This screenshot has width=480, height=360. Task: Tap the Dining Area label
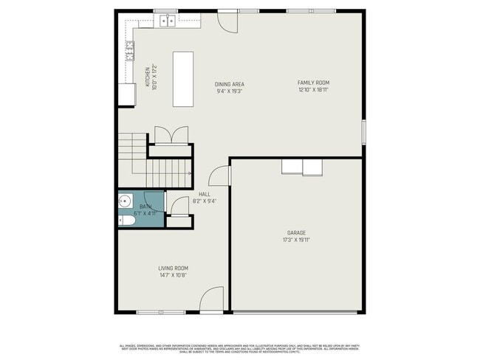click(x=230, y=84)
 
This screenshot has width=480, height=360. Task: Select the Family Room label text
click(x=312, y=82)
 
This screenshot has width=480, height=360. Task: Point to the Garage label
click(x=297, y=232)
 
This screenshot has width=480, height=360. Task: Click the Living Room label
click(x=173, y=268)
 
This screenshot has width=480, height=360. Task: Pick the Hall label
click(x=205, y=194)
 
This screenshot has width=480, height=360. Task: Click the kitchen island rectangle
click(x=183, y=79)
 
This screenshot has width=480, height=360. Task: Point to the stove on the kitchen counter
click(x=130, y=50)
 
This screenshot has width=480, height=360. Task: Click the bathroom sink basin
click(x=124, y=200)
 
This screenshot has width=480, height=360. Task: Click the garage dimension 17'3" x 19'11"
click(x=297, y=240)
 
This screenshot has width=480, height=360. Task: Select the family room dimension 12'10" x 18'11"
click(x=312, y=89)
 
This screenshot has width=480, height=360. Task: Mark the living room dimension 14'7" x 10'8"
click(x=173, y=275)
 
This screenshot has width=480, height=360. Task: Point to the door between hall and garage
click(x=219, y=176)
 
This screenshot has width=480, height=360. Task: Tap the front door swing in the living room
click(x=212, y=298)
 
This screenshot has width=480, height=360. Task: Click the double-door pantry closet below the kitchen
click(x=168, y=136)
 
